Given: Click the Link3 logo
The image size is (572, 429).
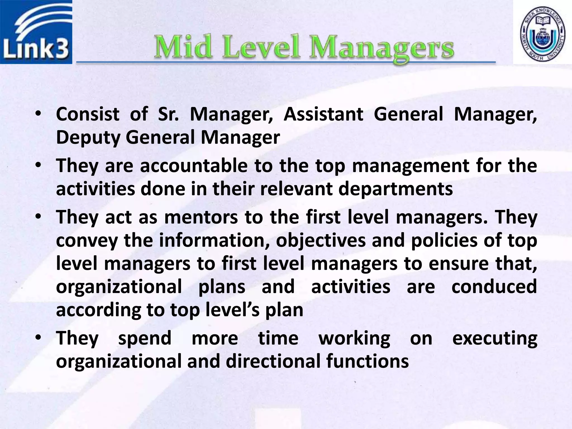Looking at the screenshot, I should (x=36, y=32).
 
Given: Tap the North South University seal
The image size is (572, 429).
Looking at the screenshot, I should (x=542, y=32).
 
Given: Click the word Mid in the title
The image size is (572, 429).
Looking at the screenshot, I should (x=183, y=47).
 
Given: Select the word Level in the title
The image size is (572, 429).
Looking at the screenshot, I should (x=261, y=47).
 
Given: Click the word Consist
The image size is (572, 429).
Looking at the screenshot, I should (x=88, y=114).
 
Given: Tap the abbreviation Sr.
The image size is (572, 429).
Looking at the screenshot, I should (x=168, y=114).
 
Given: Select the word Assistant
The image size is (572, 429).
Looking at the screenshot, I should (x=323, y=114).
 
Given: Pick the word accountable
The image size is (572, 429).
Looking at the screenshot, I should (x=194, y=166).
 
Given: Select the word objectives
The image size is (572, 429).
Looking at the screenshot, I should (x=321, y=241).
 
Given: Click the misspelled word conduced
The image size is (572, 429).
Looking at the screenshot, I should (x=494, y=287).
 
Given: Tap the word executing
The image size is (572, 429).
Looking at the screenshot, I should (x=495, y=339).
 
